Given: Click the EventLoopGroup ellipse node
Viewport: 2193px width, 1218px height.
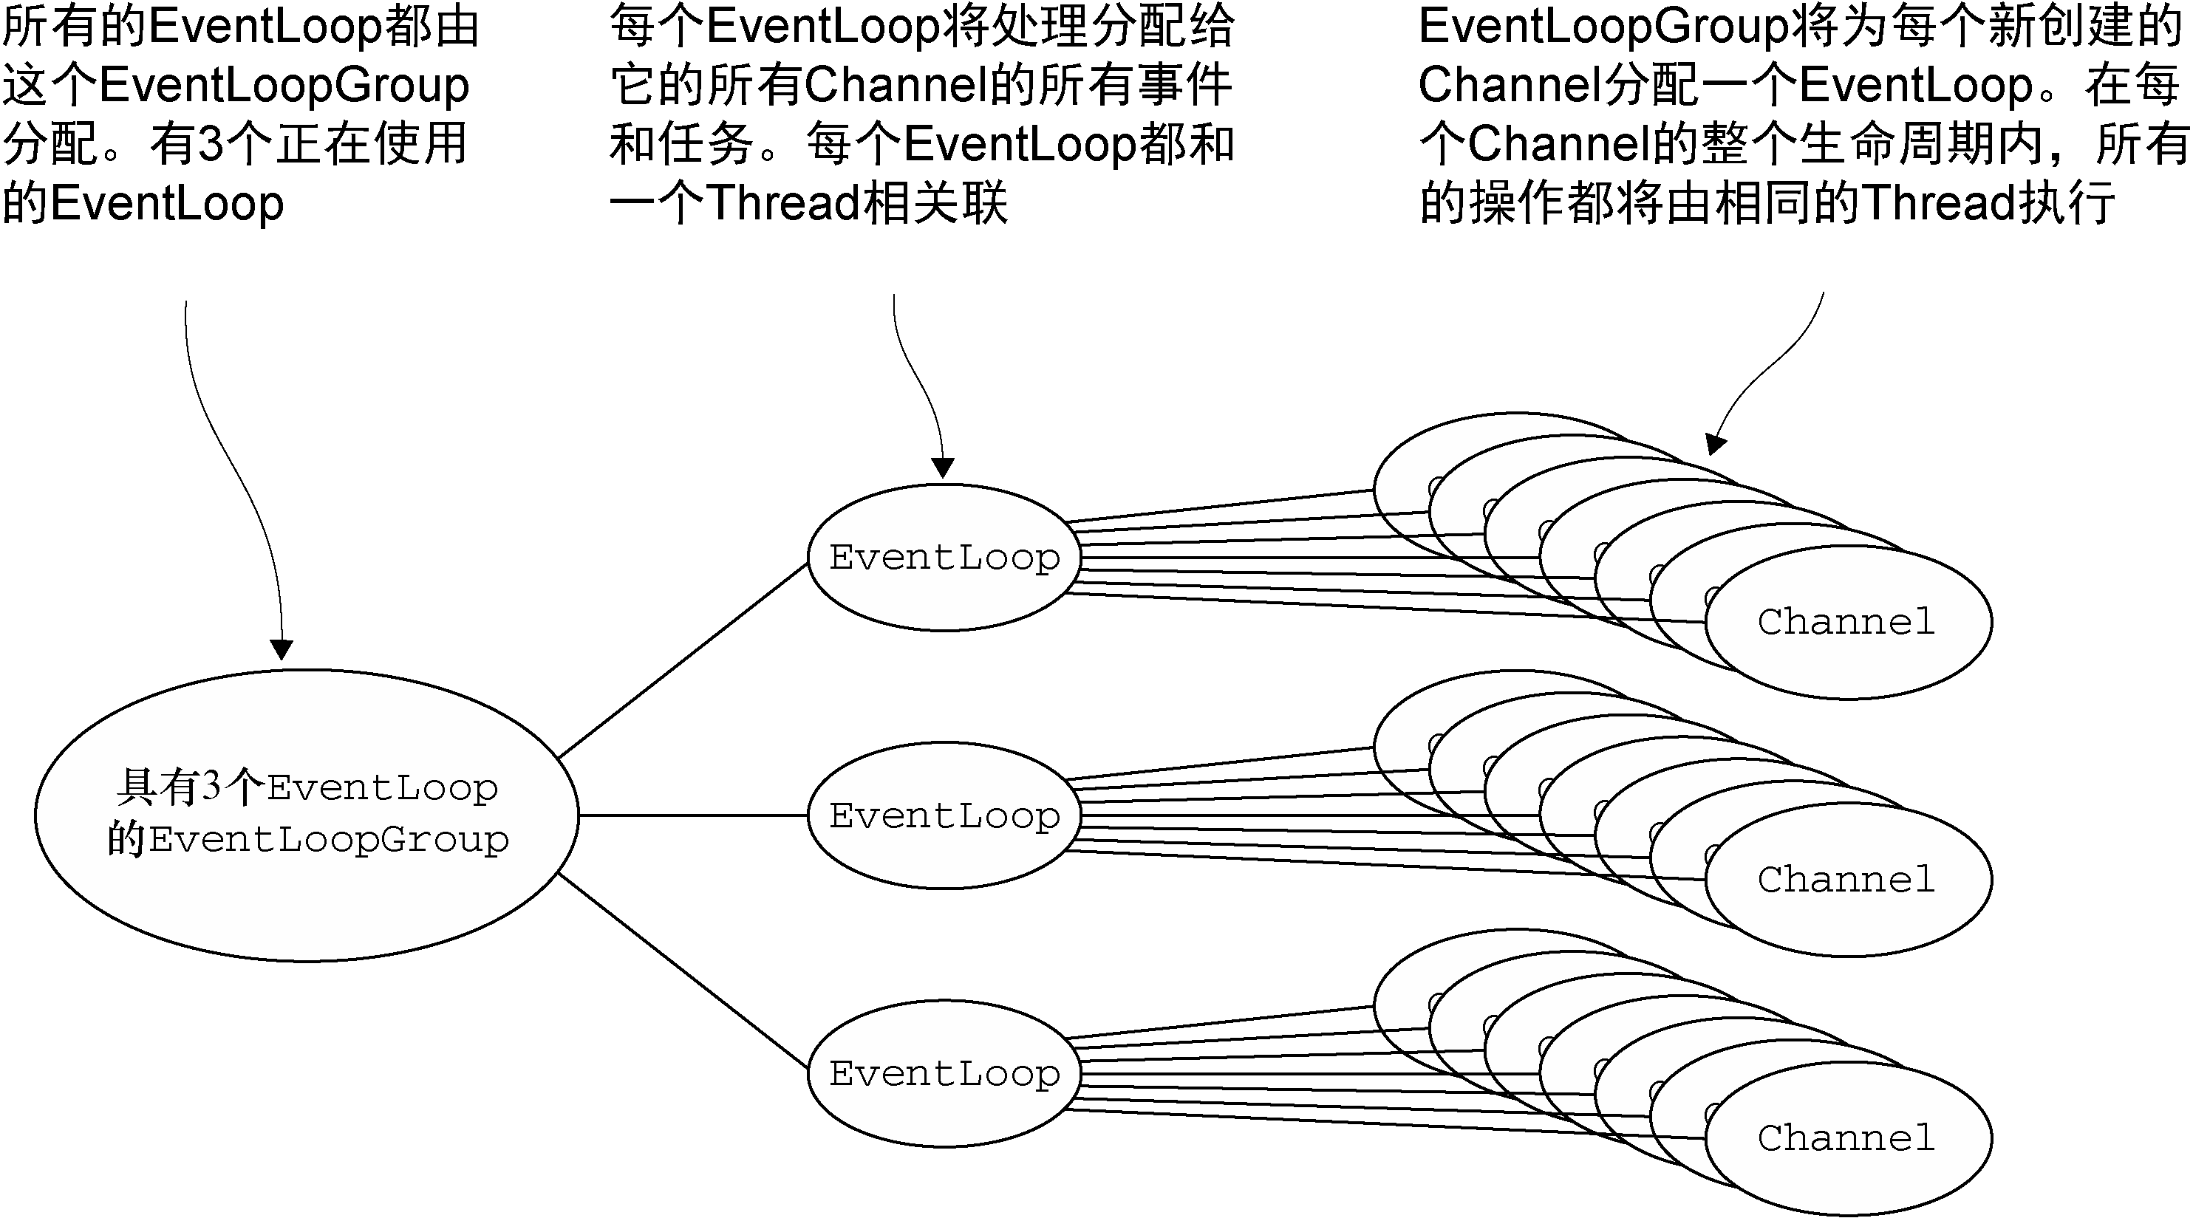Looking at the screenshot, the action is [307, 815].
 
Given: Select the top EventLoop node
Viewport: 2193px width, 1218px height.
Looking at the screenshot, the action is [944, 558].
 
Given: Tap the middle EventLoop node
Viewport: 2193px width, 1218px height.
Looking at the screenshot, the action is [944, 815].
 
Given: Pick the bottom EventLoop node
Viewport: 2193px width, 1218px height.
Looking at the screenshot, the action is [944, 1073].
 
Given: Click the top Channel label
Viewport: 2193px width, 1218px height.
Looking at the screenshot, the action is [1846, 622].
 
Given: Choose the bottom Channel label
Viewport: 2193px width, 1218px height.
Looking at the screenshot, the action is [1846, 1138].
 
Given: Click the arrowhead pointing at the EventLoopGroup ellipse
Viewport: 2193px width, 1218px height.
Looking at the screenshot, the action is [281, 649].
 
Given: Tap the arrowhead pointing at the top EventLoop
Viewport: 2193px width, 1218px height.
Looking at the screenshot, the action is [942, 468].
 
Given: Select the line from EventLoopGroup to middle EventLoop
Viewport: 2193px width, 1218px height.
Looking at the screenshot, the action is [693, 815].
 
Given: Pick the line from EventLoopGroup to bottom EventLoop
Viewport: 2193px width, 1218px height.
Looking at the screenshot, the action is [683, 971].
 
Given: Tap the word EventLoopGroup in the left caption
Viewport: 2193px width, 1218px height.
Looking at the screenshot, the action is [284, 85].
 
